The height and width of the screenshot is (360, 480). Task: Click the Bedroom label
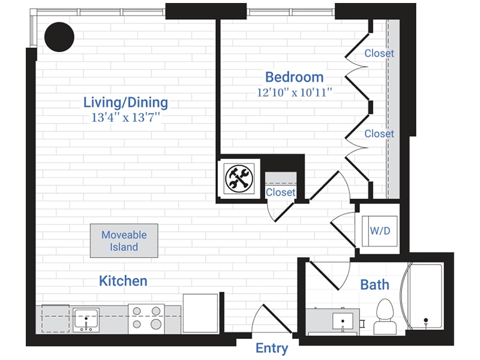point(294,77)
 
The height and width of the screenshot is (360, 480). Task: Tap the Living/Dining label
point(125,102)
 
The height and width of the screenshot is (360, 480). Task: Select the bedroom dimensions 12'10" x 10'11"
point(294,92)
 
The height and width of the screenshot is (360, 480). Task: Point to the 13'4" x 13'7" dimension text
point(125,118)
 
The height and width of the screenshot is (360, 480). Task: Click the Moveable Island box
point(124,241)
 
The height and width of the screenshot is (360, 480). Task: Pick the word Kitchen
point(123,281)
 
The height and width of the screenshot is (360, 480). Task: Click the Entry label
point(272,348)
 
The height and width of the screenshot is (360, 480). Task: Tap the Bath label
point(374,284)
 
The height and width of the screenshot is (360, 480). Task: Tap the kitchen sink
point(86,319)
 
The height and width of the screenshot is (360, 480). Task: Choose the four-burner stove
point(146,318)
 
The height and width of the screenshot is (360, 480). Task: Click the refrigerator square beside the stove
point(200,313)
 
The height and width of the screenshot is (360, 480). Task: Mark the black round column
point(59,37)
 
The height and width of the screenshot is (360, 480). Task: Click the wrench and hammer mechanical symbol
point(239,178)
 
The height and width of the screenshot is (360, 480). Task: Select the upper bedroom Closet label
point(379,53)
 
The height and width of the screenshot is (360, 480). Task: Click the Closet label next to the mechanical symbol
point(280,192)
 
